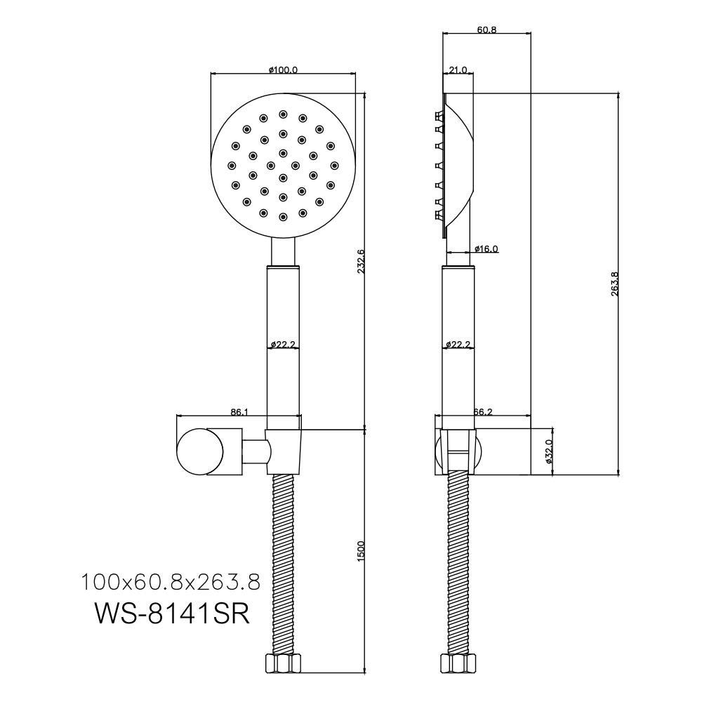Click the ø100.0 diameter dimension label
tap(283, 69)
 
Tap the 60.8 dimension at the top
tap(486, 30)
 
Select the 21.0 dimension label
tap(458, 69)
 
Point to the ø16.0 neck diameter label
tap(486, 249)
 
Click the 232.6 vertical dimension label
tap(362, 261)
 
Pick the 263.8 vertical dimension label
tap(614, 284)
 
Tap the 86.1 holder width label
tap(239, 412)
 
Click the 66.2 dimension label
tap(483, 412)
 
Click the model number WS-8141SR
tap(172, 614)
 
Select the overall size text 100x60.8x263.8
tap(170, 583)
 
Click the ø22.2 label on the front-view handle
tap(283, 344)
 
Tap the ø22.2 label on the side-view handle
tap(458, 344)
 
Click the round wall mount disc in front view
tap(200, 451)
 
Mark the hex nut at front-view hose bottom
tap(283, 662)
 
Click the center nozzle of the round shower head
tap(283, 178)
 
